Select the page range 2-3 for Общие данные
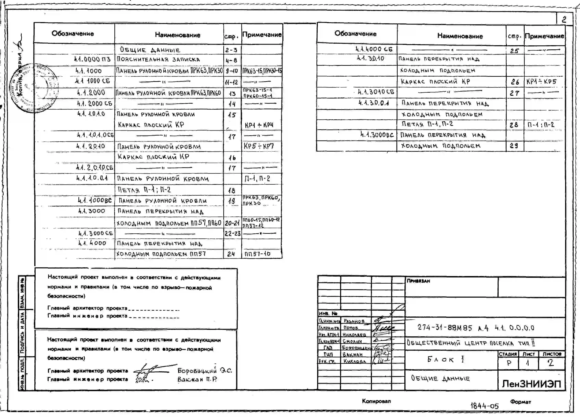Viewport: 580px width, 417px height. pos(232,50)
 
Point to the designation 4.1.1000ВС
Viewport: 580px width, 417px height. pos(95,200)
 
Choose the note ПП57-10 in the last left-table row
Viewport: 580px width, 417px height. pos(257,254)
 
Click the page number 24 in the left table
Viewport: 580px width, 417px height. pos(231,254)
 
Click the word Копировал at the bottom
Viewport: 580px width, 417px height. pos(376,401)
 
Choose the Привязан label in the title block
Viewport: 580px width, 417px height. pos(418,281)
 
